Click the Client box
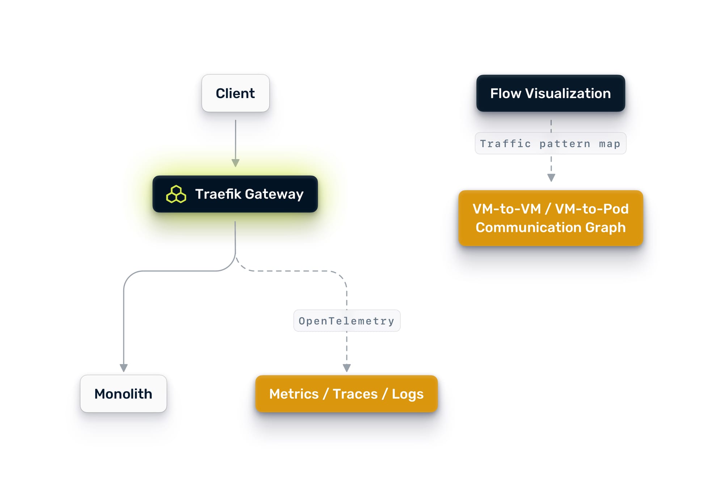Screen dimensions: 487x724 point(235,93)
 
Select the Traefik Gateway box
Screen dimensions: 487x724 point(235,194)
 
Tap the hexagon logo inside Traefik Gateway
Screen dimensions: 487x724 point(176,194)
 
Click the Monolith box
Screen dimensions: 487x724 point(123,394)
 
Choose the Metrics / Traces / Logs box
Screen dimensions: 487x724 point(346,394)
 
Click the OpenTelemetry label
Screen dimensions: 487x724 point(346,321)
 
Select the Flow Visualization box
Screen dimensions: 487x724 point(550,93)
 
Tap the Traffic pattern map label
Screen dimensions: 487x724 point(550,144)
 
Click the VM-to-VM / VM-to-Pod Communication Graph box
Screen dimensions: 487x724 point(550,218)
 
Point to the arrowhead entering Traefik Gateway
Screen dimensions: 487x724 point(236,163)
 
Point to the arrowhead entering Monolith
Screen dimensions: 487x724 point(124,368)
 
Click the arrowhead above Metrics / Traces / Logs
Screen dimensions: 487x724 point(347,368)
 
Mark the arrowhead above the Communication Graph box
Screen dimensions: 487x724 point(551,178)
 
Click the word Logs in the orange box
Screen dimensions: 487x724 point(407,394)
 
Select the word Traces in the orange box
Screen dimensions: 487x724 point(355,394)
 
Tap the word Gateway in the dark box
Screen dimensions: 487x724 point(274,194)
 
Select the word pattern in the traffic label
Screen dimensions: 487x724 point(564,144)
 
